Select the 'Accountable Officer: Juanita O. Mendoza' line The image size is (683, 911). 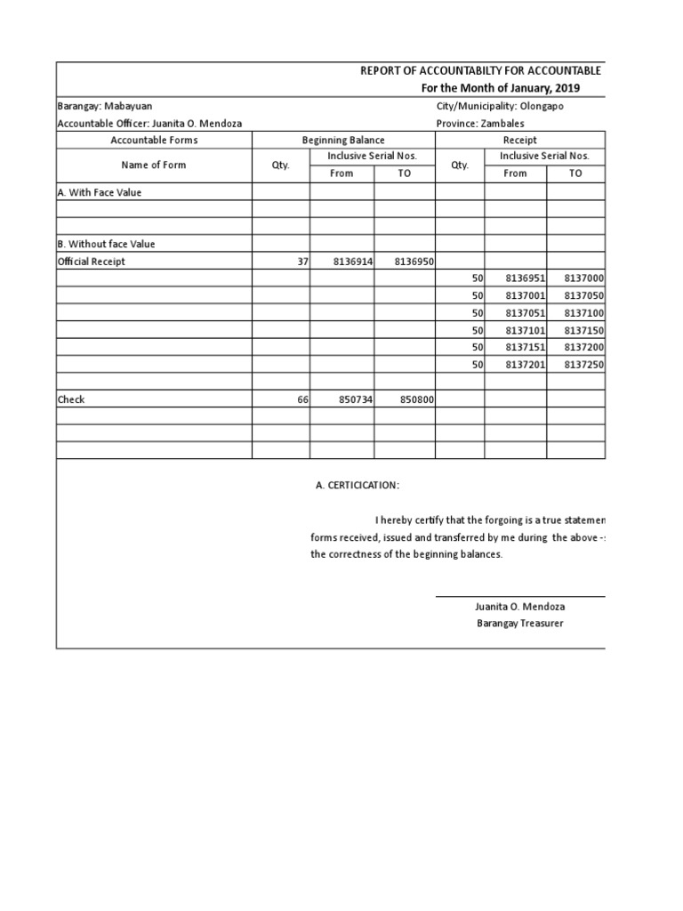[x=149, y=124]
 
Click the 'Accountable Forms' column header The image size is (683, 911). [x=154, y=140]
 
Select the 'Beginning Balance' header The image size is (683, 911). [x=343, y=140]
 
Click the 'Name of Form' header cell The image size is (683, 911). [x=154, y=165]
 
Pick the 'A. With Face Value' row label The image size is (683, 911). [x=100, y=192]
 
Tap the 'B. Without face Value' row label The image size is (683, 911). [x=106, y=244]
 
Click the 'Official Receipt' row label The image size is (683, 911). [x=92, y=262]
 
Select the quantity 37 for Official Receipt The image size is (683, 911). [x=301, y=262]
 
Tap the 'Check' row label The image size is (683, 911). [x=71, y=399]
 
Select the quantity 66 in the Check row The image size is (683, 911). [x=301, y=400]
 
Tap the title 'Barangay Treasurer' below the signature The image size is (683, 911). [x=519, y=623]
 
